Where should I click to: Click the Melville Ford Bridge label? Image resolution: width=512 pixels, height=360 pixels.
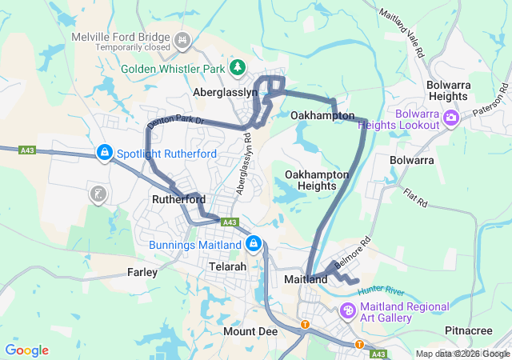click(121, 38)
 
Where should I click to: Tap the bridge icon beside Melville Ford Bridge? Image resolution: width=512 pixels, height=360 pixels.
click(182, 38)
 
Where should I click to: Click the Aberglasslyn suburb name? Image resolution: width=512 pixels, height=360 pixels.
click(226, 93)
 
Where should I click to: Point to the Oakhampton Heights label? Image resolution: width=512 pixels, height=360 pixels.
click(317, 179)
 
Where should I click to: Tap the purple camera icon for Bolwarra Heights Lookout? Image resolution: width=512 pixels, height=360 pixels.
click(450, 118)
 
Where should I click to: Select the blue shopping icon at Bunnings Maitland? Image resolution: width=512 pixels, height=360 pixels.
click(253, 243)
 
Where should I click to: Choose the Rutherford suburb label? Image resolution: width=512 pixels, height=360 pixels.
click(178, 199)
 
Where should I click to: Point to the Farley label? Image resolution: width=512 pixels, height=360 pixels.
click(142, 273)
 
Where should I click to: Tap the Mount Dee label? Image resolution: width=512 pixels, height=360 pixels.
click(250, 331)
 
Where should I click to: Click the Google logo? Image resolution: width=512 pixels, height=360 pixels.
click(26, 350)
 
